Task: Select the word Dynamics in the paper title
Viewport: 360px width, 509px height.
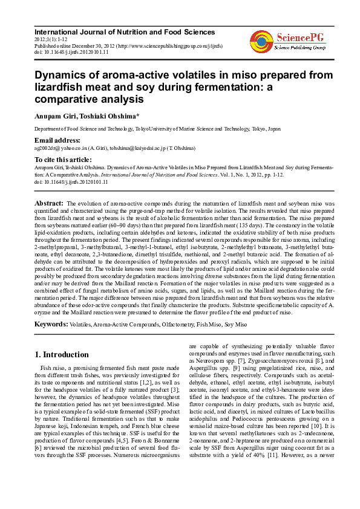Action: point(61,75)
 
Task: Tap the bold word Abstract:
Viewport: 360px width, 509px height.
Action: point(48,204)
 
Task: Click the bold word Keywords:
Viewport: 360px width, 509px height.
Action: point(50,325)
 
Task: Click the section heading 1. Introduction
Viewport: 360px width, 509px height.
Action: point(61,354)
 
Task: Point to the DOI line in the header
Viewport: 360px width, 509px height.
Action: point(71,53)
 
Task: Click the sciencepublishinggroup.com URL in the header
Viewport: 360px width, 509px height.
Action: point(181,46)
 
